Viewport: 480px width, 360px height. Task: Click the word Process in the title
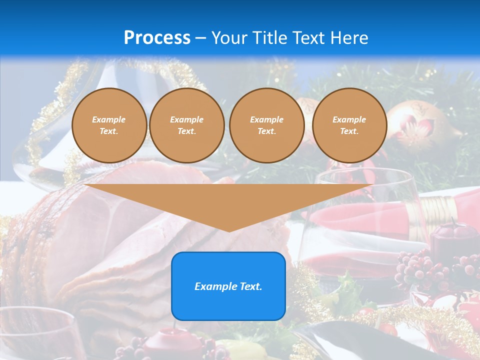157,38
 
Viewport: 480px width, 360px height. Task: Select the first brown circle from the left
109,125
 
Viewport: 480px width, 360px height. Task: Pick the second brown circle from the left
187,125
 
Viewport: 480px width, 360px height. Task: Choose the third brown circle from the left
266,125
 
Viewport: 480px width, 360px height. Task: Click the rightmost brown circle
349,125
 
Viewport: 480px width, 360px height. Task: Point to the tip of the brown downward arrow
229,230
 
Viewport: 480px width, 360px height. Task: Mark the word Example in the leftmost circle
109,119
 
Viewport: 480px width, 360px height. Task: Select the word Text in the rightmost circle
349,131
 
